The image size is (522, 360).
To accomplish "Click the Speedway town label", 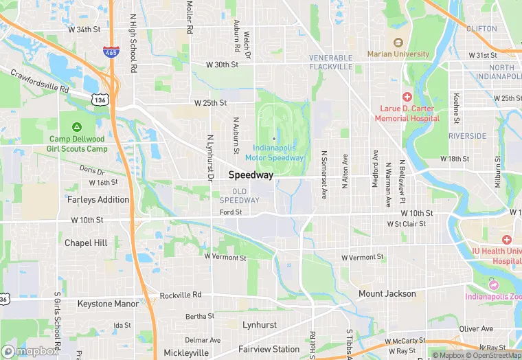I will (251, 175).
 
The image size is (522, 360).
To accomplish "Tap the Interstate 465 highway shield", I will (109, 51).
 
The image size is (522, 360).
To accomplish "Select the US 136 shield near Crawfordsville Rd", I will (100, 100).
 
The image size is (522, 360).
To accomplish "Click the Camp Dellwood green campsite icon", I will (77, 127).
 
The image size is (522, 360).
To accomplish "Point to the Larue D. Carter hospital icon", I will (407, 97).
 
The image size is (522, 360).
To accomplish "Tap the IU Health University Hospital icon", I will (507, 239).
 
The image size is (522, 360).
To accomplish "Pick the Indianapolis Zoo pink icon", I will (492, 284).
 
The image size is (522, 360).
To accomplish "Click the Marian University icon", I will (397, 43).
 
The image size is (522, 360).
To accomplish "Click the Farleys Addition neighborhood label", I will (98, 199).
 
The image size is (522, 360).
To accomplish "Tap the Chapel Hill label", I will (86, 243).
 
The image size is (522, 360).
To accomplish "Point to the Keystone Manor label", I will (108, 303).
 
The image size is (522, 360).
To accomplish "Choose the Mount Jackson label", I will (387, 294).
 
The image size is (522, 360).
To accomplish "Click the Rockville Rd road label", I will (181, 295).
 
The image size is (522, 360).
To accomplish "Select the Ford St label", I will (231, 212).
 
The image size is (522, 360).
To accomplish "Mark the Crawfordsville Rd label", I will (39, 80).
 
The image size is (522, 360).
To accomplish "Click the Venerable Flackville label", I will (330, 62).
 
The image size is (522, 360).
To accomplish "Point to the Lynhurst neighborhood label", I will (259, 324).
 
